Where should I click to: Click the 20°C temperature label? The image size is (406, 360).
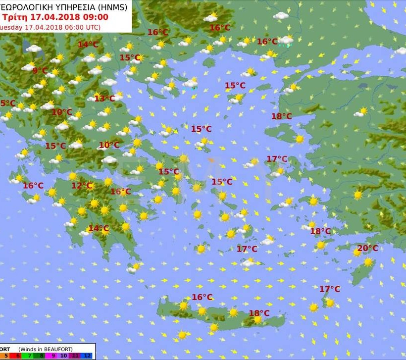tap(367, 248)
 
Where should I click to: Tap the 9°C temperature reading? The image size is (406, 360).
tap(40, 71)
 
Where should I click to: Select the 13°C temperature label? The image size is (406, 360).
tap(104, 99)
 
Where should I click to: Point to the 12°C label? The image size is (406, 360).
tap(82, 186)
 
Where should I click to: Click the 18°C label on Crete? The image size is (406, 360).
tap(259, 313)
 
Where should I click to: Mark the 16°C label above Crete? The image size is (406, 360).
tap(202, 297)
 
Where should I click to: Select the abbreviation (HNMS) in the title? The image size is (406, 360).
tap(112, 7)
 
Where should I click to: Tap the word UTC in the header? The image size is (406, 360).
tap(91, 27)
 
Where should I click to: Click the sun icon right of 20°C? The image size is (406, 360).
tap(368, 261)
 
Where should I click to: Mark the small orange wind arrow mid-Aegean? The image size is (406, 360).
tap(211, 160)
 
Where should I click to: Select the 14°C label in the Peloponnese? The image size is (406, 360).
tap(98, 228)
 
